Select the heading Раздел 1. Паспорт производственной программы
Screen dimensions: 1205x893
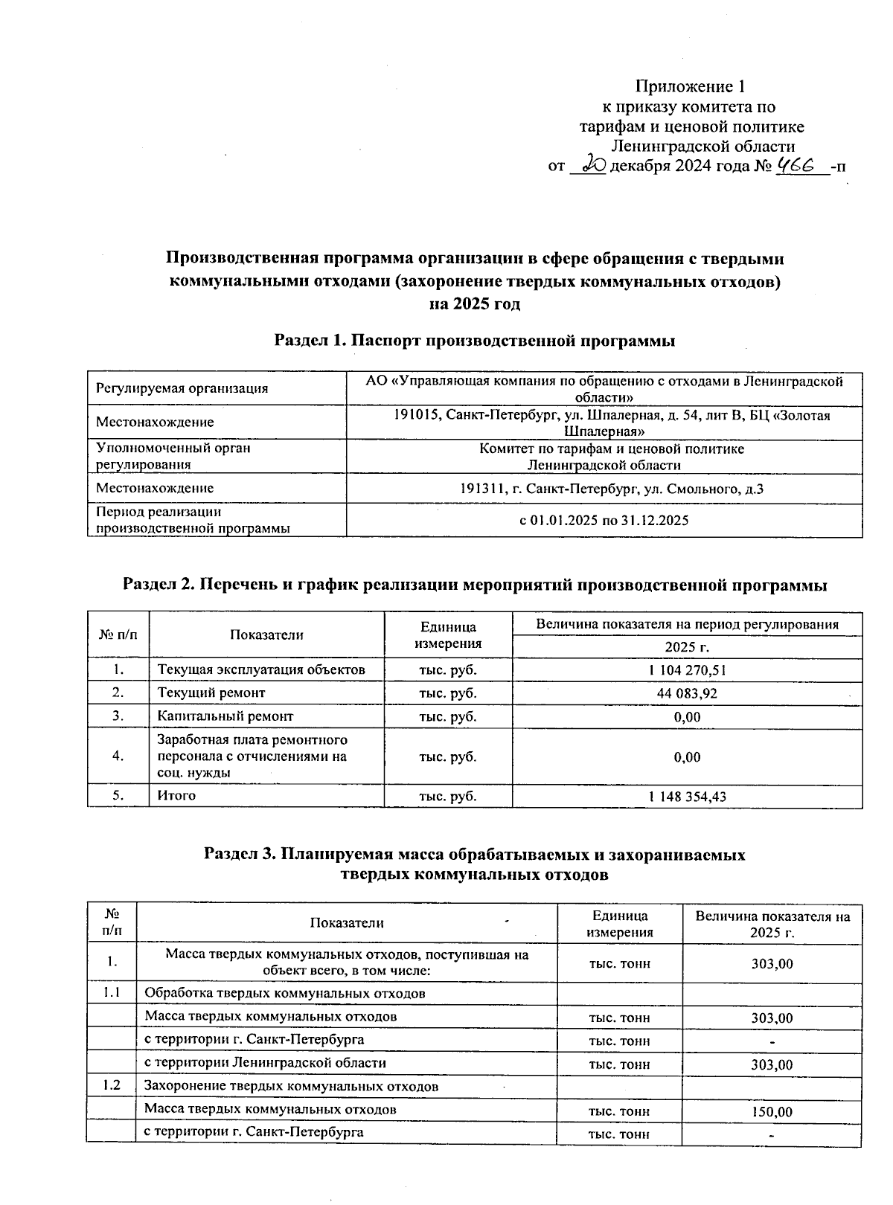tap(475, 341)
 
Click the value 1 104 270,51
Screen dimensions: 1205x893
tap(687, 669)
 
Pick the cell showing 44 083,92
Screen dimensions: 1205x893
tap(687, 693)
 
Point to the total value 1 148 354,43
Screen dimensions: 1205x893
tap(687, 797)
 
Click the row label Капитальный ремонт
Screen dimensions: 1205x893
tap(225, 716)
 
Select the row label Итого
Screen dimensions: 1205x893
tap(176, 796)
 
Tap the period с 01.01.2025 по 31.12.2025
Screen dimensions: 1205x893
tap(604, 520)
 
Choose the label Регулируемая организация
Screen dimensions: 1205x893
tap(182, 388)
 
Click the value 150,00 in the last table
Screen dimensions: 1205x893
tap(772, 1112)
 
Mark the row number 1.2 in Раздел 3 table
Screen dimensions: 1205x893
tap(112, 1085)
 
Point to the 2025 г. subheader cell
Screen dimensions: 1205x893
tap(686, 647)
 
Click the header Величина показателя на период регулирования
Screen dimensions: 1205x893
tap(687, 624)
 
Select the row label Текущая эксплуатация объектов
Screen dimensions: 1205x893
tap(261, 669)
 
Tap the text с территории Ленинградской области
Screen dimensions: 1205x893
tap(265, 1063)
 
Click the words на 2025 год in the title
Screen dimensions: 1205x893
tap(475, 303)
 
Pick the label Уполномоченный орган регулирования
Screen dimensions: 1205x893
tap(173, 456)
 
